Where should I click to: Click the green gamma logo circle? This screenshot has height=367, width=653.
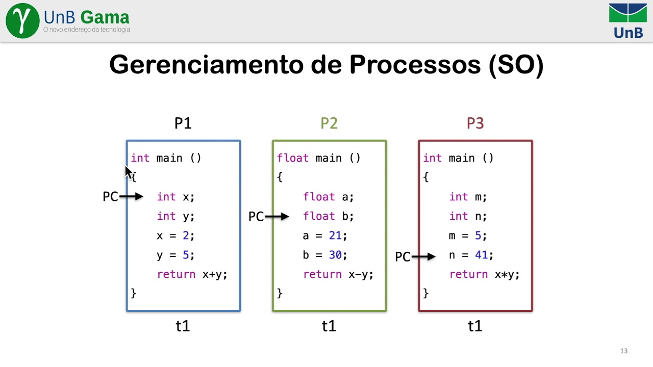pos(22,20)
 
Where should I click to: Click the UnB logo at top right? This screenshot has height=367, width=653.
pos(627,21)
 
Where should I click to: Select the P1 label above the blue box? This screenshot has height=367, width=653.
pos(183,123)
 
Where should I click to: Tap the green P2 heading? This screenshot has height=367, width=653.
pos(329,123)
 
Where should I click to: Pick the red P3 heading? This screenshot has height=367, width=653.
pos(475,123)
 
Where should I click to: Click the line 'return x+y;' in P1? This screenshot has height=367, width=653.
pos(192,274)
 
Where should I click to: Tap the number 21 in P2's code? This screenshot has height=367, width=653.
pos(335,235)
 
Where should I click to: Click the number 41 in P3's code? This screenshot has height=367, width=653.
pos(481,255)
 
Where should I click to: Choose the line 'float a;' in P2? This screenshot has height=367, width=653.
pos(328,197)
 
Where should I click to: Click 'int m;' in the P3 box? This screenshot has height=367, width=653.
pos(468,197)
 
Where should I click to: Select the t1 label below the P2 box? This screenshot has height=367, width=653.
pos(329,326)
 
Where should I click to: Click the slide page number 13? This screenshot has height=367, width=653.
pos(623,351)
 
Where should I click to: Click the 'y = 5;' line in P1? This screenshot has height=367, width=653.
pos(175,255)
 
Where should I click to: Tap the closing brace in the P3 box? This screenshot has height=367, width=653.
pos(426,293)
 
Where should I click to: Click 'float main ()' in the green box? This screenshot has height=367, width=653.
pos(318,158)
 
